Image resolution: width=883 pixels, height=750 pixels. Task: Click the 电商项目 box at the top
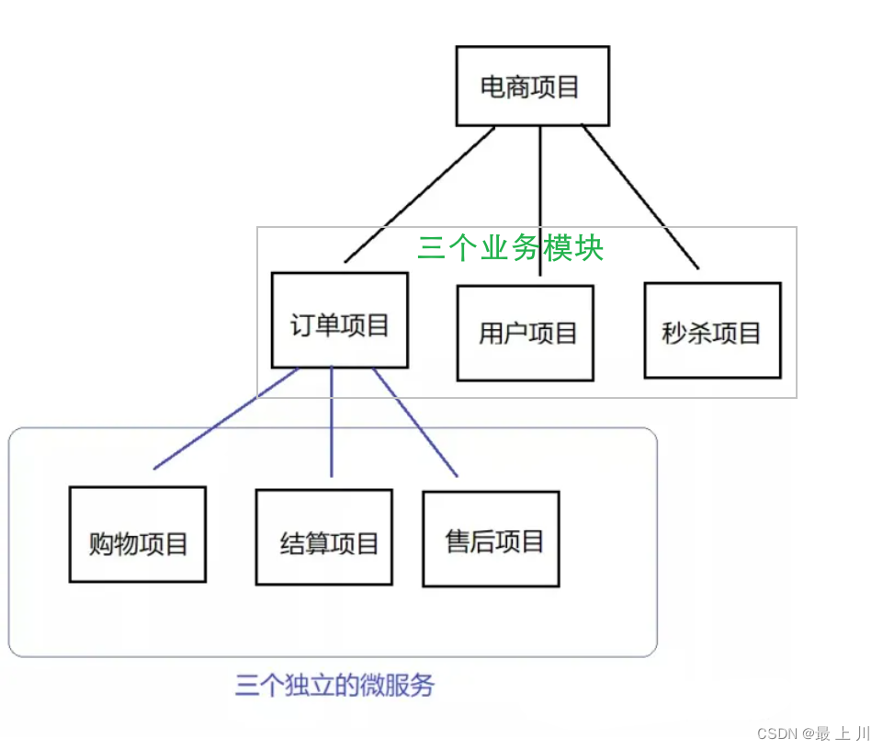pos(532,86)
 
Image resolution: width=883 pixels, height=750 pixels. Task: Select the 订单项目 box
pos(340,321)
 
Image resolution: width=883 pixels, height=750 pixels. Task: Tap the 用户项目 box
pos(526,333)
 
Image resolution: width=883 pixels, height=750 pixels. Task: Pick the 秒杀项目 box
pos(712,331)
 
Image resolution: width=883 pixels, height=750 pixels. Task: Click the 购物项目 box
pos(138,535)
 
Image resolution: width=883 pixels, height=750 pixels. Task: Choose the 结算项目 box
pos(324,538)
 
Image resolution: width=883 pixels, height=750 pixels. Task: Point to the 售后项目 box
pos(491,539)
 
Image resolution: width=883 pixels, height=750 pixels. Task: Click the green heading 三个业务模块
pos(510,248)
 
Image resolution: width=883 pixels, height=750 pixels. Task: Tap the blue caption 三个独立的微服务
pos(334,686)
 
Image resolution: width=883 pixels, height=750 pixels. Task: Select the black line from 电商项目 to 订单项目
pos(418,195)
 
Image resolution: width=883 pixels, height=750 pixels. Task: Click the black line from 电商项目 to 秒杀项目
pos(640,197)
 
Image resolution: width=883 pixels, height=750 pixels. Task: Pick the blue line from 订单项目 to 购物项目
pos(226,419)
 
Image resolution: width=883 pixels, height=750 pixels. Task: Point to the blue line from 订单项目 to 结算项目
pos(332,423)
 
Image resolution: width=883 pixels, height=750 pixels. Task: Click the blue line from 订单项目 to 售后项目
pos(415,423)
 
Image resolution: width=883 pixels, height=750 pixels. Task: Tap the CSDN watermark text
pos(813,733)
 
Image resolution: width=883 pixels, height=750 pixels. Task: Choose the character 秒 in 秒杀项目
pos(675,333)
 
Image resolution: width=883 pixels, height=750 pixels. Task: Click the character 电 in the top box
pos(493,87)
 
